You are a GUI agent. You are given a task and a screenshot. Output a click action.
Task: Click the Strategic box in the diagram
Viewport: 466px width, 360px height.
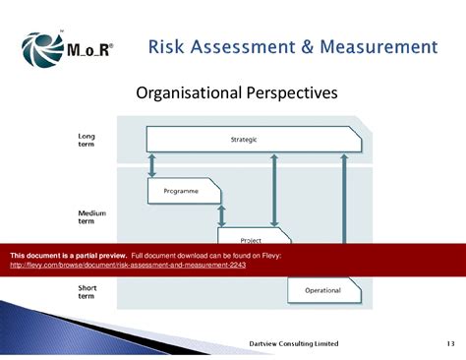[246, 139]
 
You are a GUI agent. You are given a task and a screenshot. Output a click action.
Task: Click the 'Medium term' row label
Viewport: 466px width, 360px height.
[91, 216]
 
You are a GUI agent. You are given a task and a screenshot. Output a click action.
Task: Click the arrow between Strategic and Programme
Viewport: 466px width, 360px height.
[152, 164]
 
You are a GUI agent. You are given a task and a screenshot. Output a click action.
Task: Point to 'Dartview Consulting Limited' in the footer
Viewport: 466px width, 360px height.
[294, 343]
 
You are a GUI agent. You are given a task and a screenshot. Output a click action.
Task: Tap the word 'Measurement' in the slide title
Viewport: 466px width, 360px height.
[378, 47]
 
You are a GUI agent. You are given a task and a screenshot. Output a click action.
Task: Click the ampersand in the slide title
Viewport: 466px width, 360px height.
[304, 47]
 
